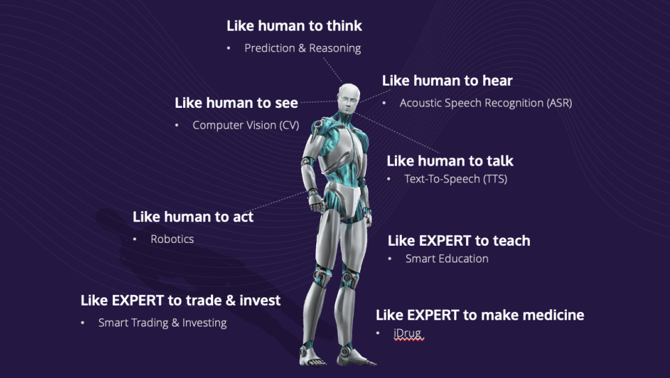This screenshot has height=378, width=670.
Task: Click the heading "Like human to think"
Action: click(294, 26)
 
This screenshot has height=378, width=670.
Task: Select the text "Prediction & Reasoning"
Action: click(302, 48)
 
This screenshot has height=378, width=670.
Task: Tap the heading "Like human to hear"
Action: click(447, 80)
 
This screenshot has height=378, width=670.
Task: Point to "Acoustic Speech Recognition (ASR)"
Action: click(485, 103)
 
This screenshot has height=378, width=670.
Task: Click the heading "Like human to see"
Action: click(236, 102)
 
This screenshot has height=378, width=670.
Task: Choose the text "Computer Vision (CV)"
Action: click(246, 125)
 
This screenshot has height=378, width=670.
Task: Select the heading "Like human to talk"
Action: click(450, 161)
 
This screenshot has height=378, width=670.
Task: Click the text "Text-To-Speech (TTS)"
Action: click(456, 179)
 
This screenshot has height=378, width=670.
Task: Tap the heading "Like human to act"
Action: click(193, 216)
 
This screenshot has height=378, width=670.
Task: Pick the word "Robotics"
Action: click(172, 239)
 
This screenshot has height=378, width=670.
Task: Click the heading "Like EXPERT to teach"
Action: click(459, 240)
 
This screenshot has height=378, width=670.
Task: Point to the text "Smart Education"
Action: click(447, 259)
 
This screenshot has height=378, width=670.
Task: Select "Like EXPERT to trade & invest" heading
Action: click(181, 300)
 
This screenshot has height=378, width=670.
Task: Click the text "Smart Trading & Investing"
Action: click(162, 323)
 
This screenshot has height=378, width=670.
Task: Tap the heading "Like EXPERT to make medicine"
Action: click(480, 315)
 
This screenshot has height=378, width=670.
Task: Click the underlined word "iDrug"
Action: click(407, 333)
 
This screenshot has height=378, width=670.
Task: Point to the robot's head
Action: click(349, 98)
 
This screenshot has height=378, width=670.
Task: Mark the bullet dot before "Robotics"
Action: click(134, 239)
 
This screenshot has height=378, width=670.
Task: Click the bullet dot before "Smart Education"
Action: click(390, 259)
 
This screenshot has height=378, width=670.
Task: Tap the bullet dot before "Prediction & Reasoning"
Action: click(228, 48)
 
